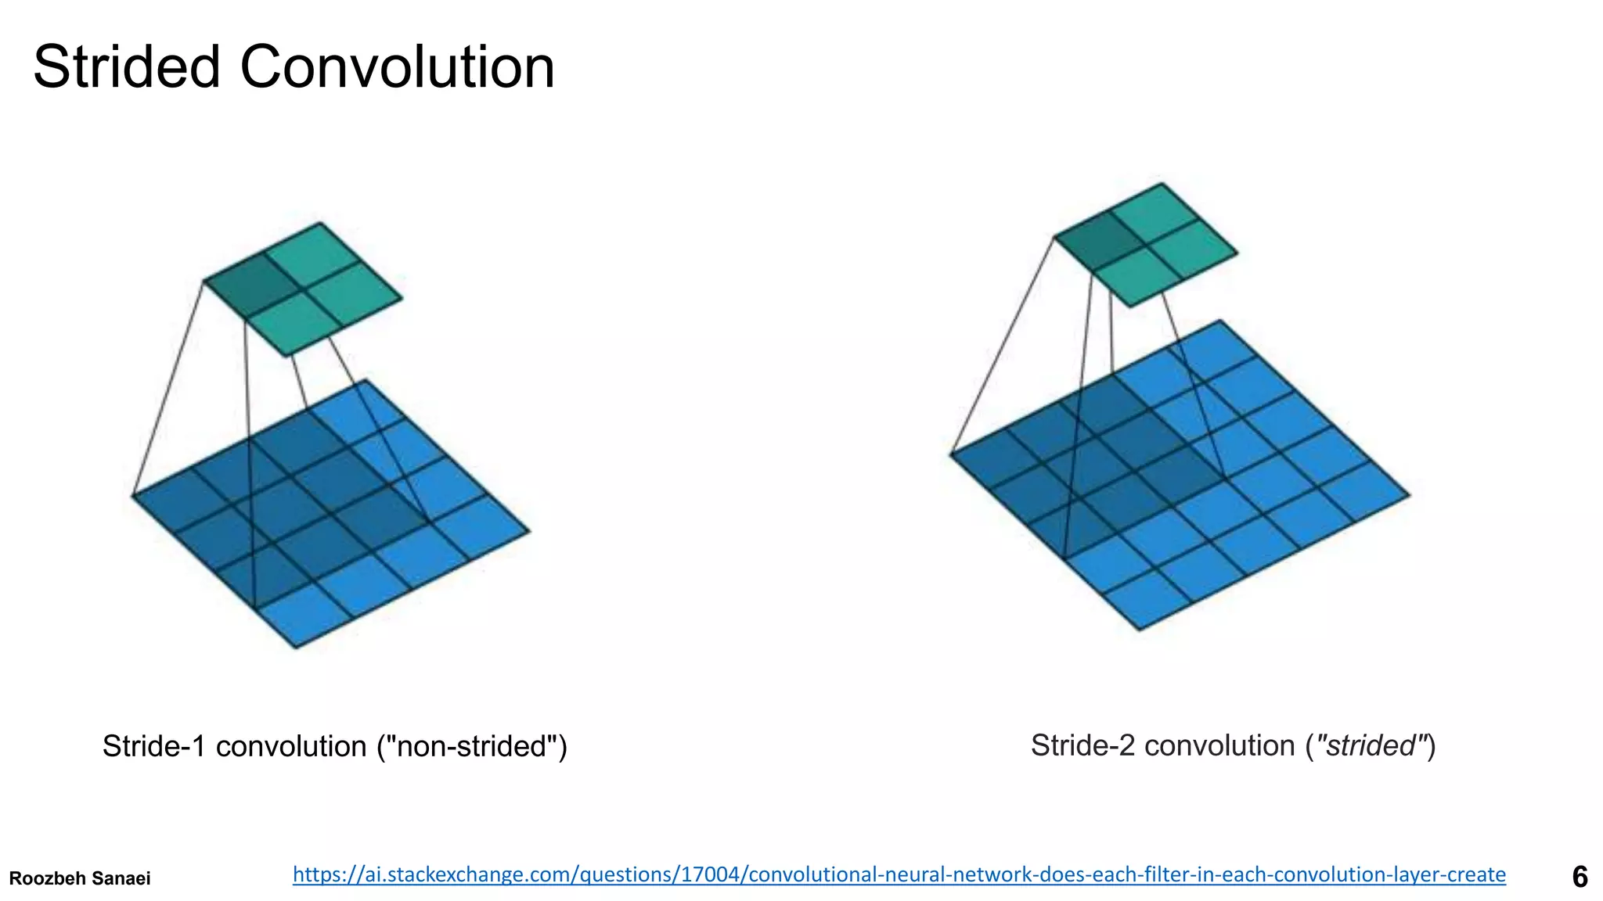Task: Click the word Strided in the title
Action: pos(126,67)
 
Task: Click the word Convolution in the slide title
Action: pos(397,67)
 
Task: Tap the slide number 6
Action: pos(1580,877)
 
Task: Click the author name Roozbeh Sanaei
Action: pos(79,878)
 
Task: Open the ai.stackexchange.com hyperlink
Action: pos(899,874)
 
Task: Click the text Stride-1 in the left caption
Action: pos(154,746)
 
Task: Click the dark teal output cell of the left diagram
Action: pos(252,286)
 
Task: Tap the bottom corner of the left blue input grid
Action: pos(296,647)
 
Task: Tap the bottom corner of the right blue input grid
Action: pos(1139,630)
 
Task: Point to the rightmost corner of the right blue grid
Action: pos(1409,495)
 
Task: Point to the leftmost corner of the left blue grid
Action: pos(132,494)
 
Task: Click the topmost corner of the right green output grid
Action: pos(1162,184)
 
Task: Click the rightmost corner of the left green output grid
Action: pos(402,298)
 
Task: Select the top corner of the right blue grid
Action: pos(1220,320)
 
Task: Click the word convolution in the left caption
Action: pos(291,746)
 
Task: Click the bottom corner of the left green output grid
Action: pos(287,356)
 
